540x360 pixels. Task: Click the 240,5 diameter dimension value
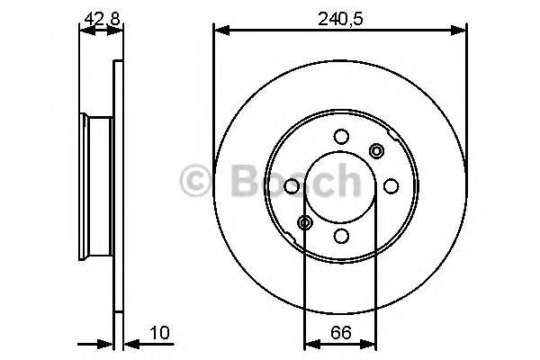(340, 19)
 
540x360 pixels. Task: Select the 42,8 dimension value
(102, 19)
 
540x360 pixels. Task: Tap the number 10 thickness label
(160, 333)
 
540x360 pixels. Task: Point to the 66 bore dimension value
(340, 333)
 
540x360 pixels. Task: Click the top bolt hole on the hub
(341, 137)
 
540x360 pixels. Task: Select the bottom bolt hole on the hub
(341, 236)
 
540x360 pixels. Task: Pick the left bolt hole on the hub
(292, 186)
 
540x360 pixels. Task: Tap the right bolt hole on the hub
(391, 186)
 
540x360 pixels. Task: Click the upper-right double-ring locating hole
(376, 151)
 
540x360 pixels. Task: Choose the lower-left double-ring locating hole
(305, 222)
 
